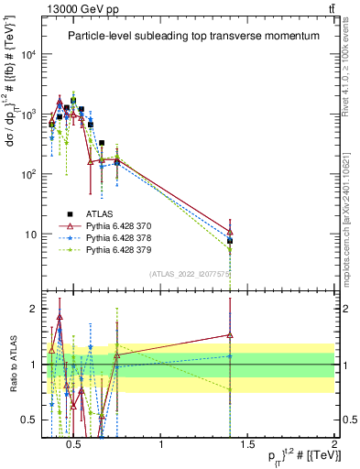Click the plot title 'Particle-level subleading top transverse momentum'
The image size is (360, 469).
tap(193, 36)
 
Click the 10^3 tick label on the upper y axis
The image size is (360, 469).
tap(30, 115)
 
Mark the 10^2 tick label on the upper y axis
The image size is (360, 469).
tap(30, 174)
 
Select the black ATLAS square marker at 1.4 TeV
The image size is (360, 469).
tap(230, 241)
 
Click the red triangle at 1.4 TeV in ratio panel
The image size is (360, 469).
tap(230, 335)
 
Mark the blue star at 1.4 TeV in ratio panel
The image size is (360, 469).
tap(230, 356)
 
